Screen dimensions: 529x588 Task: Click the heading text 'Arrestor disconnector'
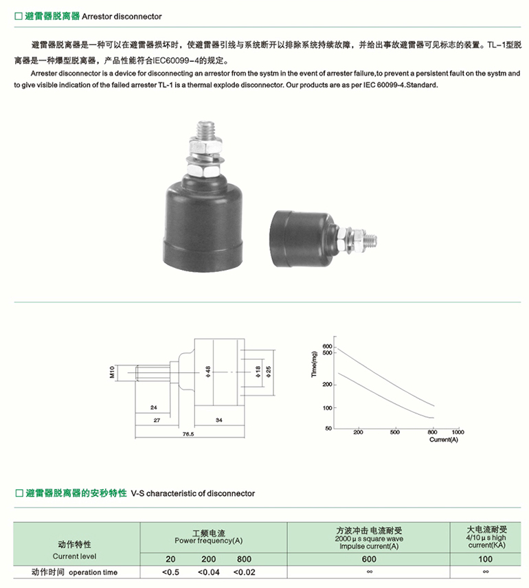pos(122,16)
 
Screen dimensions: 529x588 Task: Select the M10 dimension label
pos(112,372)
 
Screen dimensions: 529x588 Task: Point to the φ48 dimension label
pos(208,372)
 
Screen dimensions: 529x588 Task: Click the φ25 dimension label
pos(268,372)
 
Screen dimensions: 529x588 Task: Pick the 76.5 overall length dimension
pos(188,434)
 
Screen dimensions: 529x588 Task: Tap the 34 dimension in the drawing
pos(218,420)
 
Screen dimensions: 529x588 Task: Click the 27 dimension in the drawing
pos(157,420)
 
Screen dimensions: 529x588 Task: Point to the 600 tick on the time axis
pos(327,346)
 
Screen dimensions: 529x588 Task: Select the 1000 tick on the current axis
pos(458,432)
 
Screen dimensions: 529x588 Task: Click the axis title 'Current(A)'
pos(443,440)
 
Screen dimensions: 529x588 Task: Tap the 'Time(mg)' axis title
pos(314,364)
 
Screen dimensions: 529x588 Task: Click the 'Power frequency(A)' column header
pos(209,541)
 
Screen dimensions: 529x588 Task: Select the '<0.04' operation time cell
pos(209,572)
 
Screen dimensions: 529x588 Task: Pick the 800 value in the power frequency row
pos(244,559)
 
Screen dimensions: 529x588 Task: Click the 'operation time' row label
pos(93,573)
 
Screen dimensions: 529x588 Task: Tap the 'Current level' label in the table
pos(74,556)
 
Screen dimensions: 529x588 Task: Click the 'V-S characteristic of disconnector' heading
pos(193,493)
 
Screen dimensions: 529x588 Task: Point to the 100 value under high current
pos(485,559)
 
